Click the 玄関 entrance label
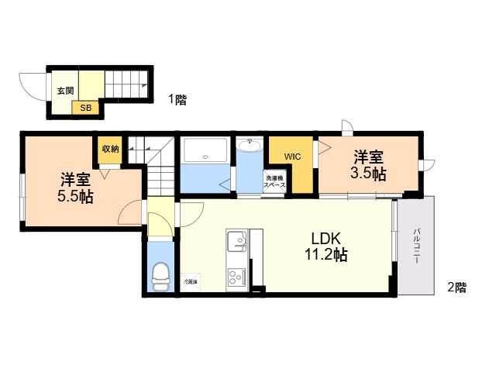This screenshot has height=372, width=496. [65, 91]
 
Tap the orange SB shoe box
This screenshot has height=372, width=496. [85, 108]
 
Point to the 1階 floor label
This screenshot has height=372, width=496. [177, 99]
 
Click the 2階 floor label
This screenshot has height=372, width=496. [456, 288]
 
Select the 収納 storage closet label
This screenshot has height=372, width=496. [109, 148]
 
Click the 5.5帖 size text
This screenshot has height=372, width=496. [75, 196]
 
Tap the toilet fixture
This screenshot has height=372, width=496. [160, 275]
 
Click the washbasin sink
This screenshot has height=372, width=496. [250, 146]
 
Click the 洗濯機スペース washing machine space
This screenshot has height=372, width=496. [274, 182]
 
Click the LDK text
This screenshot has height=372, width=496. [329, 238]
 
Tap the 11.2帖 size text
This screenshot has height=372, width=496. [329, 255]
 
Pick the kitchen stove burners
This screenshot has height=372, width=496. [236, 275]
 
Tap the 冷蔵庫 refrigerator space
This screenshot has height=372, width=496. [191, 281]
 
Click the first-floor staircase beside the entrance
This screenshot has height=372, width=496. [125, 81]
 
